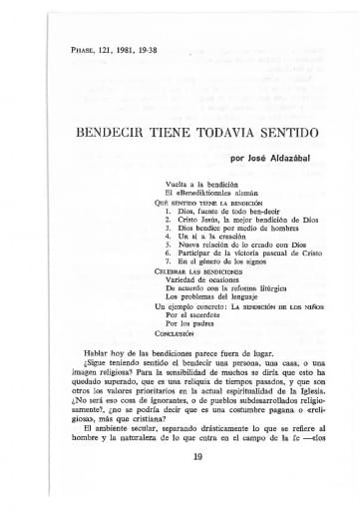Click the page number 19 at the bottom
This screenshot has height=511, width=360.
click(180, 484)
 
